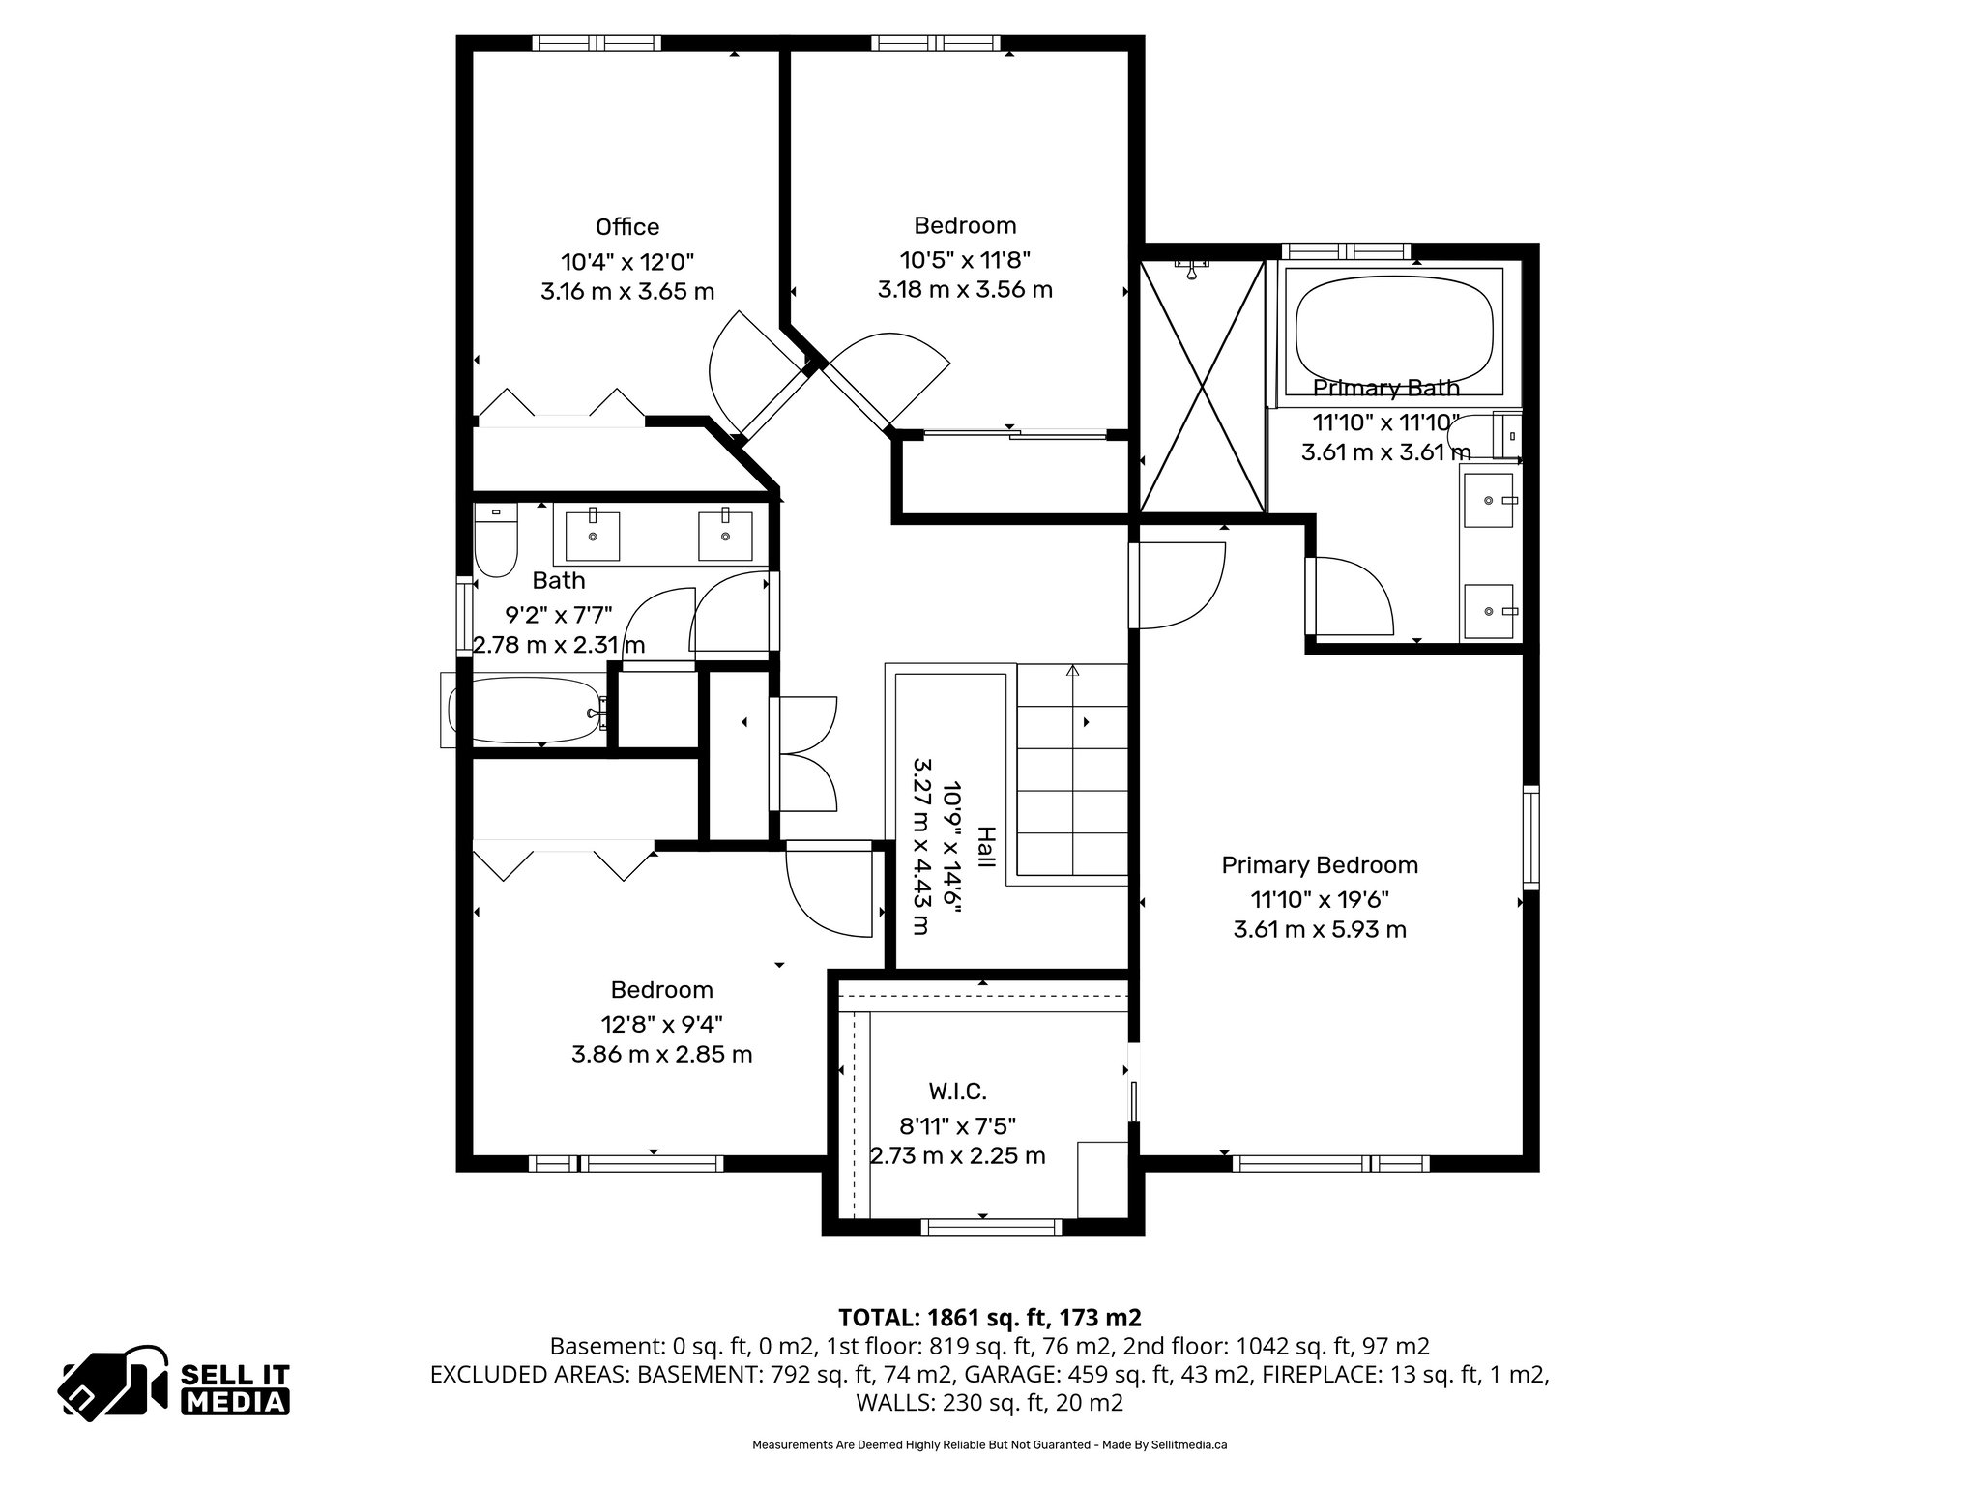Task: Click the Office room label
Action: [x=627, y=227]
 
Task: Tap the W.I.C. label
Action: [x=957, y=1092]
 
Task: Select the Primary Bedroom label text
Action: [x=1320, y=865]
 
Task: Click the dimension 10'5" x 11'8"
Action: [x=965, y=260]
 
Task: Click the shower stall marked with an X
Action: [x=1202, y=387]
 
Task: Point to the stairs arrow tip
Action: [x=1073, y=668]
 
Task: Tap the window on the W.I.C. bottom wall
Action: [x=991, y=1227]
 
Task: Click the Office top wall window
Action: [x=597, y=43]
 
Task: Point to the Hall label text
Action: [x=985, y=847]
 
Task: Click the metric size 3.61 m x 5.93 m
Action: [x=1320, y=930]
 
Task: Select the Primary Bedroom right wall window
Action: [x=1530, y=837]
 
